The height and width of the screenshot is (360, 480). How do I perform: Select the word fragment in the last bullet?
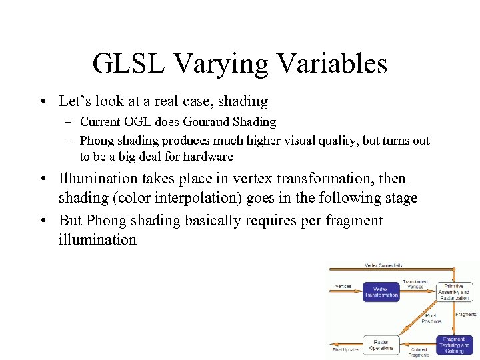pos(355,221)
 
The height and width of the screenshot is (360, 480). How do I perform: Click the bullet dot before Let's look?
pos(43,102)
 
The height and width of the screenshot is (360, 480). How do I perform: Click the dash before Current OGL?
pos(69,122)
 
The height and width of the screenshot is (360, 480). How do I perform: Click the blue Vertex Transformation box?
pos(381,291)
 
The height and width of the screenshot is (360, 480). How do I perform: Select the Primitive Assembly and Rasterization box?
pos(455,291)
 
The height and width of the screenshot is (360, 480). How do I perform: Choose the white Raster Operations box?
pos(381,344)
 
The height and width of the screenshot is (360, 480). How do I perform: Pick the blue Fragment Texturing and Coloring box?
pos(455,345)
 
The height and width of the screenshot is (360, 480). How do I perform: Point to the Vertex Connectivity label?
pos(383,265)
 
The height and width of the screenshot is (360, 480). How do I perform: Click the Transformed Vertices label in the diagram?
pos(415,284)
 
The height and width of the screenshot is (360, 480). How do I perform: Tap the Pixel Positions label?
pos(431,318)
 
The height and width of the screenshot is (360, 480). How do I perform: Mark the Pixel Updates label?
pos(346,349)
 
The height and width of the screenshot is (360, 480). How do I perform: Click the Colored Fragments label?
pos(419,352)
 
